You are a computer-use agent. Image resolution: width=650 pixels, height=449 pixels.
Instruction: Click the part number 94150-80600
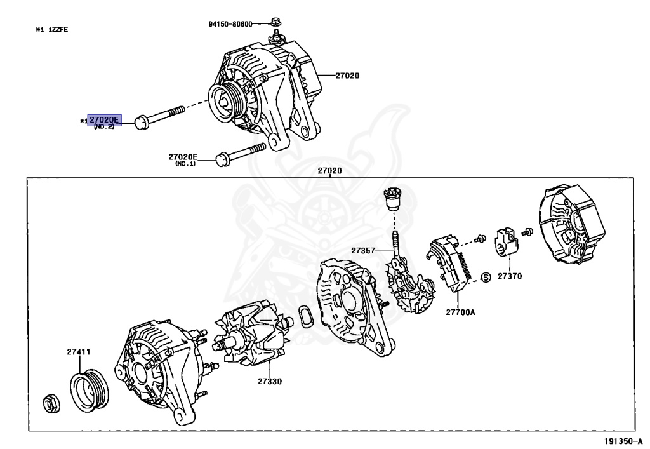point(230,24)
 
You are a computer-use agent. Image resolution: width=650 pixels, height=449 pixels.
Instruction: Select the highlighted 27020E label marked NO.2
point(104,120)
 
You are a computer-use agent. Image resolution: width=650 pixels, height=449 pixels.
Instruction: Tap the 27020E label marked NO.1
point(183,157)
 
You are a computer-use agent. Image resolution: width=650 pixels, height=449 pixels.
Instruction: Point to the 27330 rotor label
point(270,382)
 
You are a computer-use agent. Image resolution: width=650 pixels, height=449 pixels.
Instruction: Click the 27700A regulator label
point(460,312)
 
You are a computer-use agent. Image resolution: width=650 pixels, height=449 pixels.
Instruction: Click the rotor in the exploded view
point(252,338)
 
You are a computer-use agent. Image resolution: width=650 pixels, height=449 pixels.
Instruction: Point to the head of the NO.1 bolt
point(222,159)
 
